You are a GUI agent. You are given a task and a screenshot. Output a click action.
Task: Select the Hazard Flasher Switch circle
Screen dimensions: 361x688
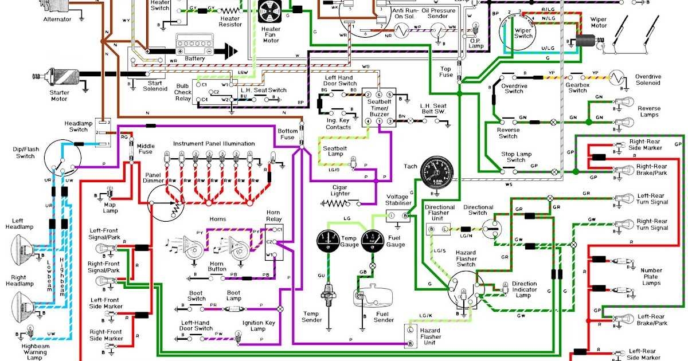466,291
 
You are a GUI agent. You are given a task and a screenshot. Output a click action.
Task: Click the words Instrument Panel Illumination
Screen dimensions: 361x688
214,144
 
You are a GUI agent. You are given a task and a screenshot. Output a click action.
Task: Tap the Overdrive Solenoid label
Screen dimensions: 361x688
647,80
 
